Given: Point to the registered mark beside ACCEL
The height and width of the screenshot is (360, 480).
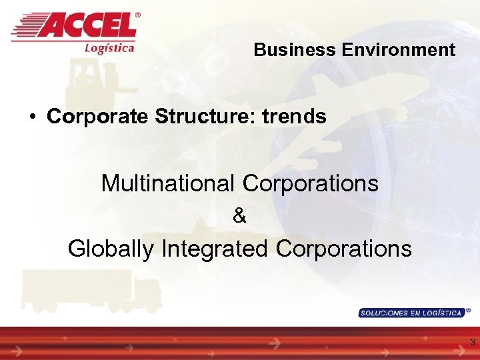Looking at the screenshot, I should coord(138,15).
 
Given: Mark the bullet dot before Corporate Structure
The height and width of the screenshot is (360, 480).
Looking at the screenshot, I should coord(32,117).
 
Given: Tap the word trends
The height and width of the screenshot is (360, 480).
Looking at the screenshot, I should coord(294,117).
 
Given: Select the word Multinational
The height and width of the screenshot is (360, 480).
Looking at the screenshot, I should coord(167,183).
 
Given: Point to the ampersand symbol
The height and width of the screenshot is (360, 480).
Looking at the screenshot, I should coord(240,216).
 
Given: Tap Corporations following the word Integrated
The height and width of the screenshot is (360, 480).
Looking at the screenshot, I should coord(343,249).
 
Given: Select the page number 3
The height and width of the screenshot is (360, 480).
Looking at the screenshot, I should coord(472,343).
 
